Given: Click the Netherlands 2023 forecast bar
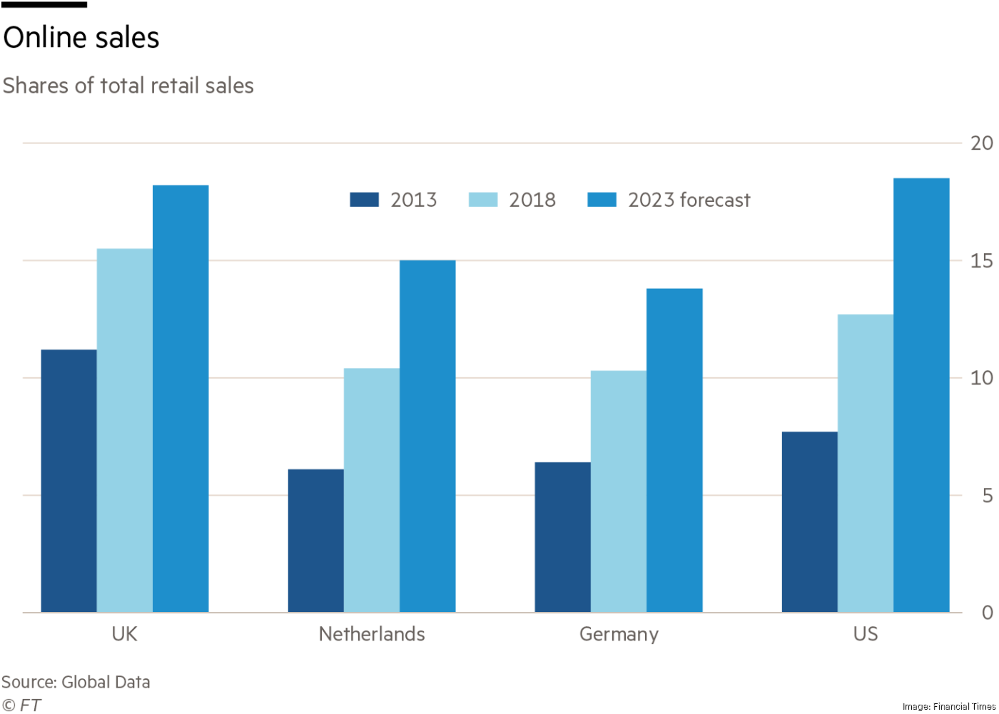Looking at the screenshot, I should [427, 436].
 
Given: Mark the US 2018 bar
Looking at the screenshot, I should [865, 463].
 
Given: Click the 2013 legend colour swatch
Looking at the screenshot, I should [364, 200].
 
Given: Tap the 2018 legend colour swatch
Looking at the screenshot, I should [482, 200].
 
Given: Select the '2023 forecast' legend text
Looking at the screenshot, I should [689, 200].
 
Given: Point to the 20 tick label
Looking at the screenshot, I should [981, 143].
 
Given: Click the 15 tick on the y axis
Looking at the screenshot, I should [981, 261].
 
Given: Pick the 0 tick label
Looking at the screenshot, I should [987, 612].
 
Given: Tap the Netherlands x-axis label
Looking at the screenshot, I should [372, 634].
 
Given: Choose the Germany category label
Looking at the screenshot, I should [619, 634].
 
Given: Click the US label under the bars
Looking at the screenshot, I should [866, 634].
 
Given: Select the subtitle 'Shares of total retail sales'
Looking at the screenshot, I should [128, 86].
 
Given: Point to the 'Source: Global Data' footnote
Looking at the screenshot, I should [76, 682].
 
